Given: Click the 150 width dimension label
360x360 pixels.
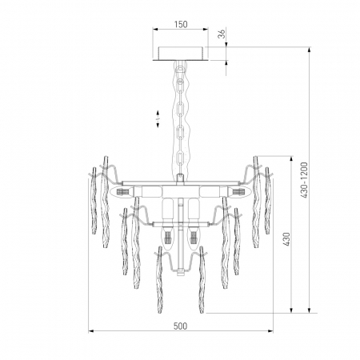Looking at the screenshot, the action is coord(181,25).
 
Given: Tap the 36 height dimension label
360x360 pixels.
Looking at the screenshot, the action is coord(222,34).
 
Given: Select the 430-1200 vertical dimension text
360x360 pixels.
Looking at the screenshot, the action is coord(304,180).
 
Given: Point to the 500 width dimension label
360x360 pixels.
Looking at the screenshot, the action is coord(181,326).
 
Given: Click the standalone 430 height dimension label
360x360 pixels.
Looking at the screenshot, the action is coord(286,239).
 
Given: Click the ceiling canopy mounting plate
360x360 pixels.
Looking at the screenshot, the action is coord(181,54).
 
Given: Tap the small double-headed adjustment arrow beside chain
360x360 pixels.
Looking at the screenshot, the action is coord(158,118).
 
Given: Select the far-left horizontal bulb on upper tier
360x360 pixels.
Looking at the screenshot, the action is coord(122,192).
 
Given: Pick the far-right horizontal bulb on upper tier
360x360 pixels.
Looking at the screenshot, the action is coord(239,192).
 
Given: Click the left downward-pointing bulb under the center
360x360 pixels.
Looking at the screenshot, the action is coord(168,237).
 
